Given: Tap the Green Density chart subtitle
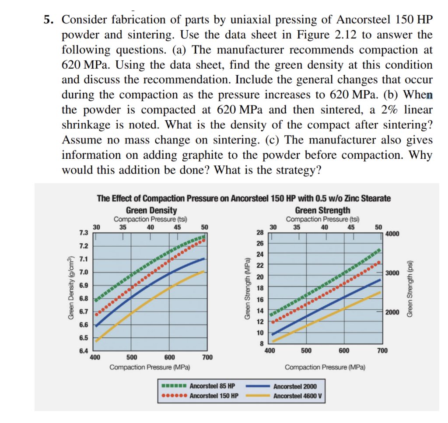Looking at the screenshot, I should pos(151,210).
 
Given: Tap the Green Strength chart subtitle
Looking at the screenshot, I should pos(322,210).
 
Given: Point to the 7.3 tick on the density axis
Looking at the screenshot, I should pos(83,232).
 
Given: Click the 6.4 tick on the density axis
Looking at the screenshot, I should pos(83,351).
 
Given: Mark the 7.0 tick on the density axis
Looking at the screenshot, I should pos(83,272).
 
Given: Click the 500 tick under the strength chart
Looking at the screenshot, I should pos(306,351).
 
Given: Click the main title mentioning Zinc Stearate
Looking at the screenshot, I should pos(244,198).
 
